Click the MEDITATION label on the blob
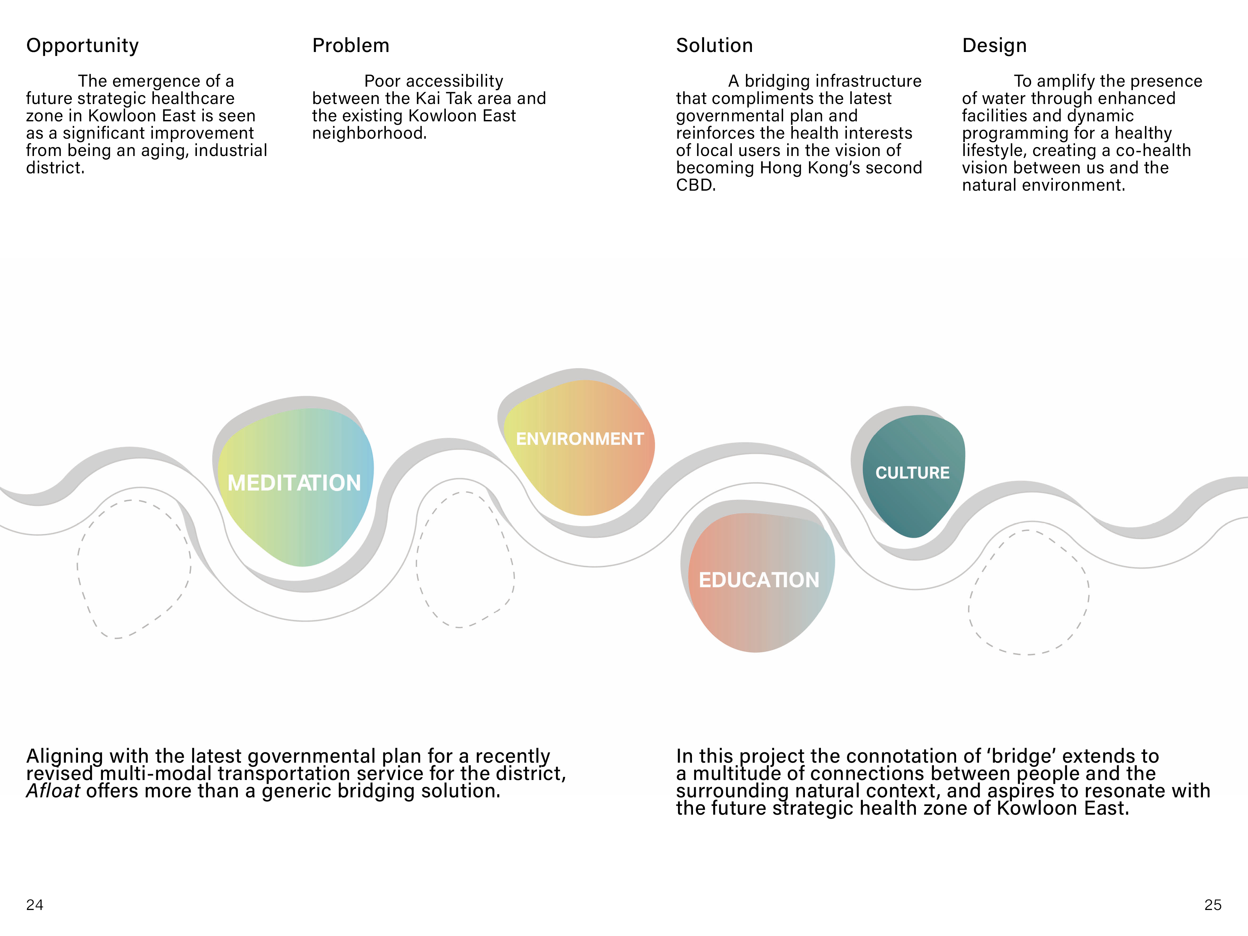tap(294, 483)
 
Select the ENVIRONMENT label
tap(579, 439)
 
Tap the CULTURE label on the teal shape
tap(912, 473)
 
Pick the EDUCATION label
tap(759, 580)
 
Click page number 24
tap(34, 905)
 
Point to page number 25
tap(1212, 905)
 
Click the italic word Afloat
tap(53, 791)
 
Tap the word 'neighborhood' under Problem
tap(369, 133)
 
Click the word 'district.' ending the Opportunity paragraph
tap(55, 168)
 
